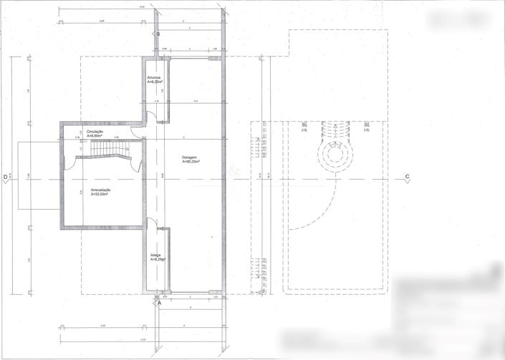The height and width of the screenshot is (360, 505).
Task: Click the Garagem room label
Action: coord(190,157)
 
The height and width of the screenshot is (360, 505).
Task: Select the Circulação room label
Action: coord(95,132)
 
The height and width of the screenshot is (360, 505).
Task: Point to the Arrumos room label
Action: coord(153,77)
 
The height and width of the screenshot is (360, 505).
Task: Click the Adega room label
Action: coord(155,255)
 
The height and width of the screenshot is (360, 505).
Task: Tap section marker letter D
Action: coord(6,177)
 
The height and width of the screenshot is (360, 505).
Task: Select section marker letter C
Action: coord(407,177)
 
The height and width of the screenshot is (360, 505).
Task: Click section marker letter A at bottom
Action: coord(159,303)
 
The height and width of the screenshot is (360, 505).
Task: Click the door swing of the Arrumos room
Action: coord(152,117)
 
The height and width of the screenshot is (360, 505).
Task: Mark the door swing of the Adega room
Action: coord(152,223)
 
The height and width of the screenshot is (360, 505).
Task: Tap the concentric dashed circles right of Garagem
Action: coord(334,153)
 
